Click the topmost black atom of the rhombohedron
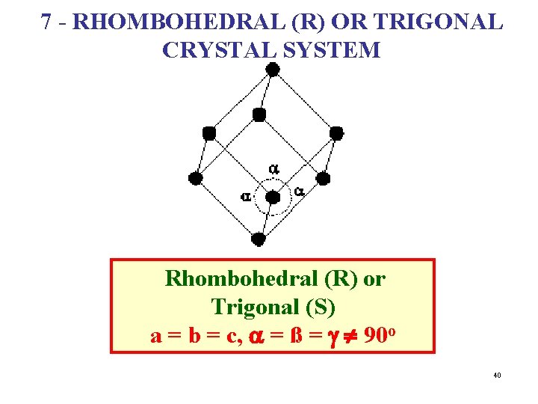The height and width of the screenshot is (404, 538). click(x=273, y=70)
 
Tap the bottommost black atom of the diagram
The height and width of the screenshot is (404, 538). click(x=258, y=239)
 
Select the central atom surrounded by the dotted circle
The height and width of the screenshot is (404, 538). click(x=273, y=198)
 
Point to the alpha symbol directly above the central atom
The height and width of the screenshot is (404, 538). click(x=273, y=168)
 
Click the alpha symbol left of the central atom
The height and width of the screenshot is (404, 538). click(x=245, y=197)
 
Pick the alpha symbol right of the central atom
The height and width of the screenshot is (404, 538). click(x=299, y=192)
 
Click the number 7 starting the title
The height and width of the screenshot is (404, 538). click(x=47, y=22)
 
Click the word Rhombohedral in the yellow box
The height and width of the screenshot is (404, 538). click(x=229, y=279)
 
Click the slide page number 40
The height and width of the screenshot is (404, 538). click(x=497, y=375)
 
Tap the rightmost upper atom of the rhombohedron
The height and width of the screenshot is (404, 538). click(x=336, y=133)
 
